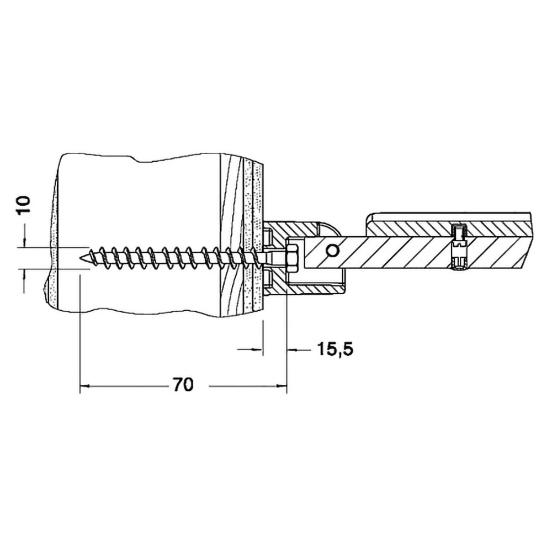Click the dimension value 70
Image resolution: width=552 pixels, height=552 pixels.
(x=183, y=385)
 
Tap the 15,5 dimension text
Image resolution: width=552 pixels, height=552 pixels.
(x=336, y=349)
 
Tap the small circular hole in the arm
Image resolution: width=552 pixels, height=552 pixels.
(x=332, y=251)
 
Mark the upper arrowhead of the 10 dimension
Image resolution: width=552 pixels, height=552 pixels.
(x=24, y=243)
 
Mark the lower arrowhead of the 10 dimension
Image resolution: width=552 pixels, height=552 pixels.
(x=24, y=274)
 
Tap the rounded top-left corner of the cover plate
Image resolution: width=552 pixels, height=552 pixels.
(x=369, y=216)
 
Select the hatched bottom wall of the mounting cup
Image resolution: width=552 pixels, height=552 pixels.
(x=304, y=289)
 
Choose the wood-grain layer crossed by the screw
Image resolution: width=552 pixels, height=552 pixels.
(x=231, y=233)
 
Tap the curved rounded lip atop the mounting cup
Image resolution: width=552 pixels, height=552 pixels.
(x=331, y=228)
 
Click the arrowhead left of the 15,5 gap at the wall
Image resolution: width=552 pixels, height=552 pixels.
(x=258, y=349)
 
